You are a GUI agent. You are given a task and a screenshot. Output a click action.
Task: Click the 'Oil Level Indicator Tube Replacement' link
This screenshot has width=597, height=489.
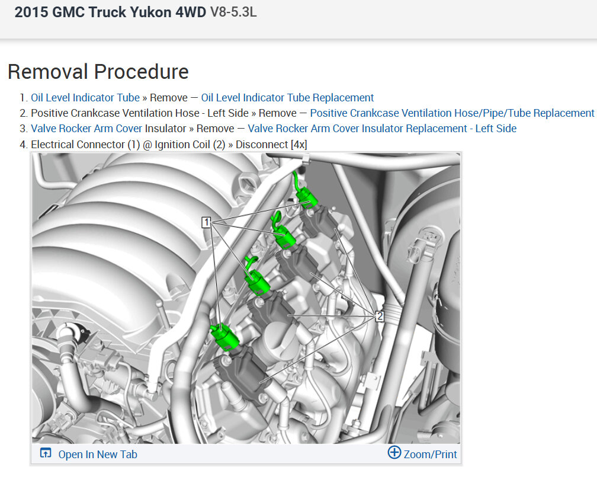[x=287, y=98]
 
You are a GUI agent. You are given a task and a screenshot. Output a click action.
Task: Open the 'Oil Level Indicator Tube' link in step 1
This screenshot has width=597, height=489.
[x=85, y=98]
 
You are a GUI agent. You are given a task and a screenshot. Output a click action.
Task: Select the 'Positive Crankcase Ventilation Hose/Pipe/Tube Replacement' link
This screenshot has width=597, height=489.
[x=452, y=113]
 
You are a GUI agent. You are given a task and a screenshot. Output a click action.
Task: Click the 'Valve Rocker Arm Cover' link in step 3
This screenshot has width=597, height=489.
[x=86, y=129]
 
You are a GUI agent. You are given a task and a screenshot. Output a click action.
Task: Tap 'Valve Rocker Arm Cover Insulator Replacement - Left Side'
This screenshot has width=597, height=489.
[x=382, y=129]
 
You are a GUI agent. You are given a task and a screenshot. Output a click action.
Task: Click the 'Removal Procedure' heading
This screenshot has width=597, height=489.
[x=98, y=72]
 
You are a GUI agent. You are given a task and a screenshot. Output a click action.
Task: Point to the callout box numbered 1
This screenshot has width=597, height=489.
[x=206, y=222]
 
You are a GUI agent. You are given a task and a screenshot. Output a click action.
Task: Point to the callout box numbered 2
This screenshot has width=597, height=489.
[x=380, y=316]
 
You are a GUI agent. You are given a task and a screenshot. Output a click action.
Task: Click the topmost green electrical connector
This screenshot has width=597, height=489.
[x=306, y=194]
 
